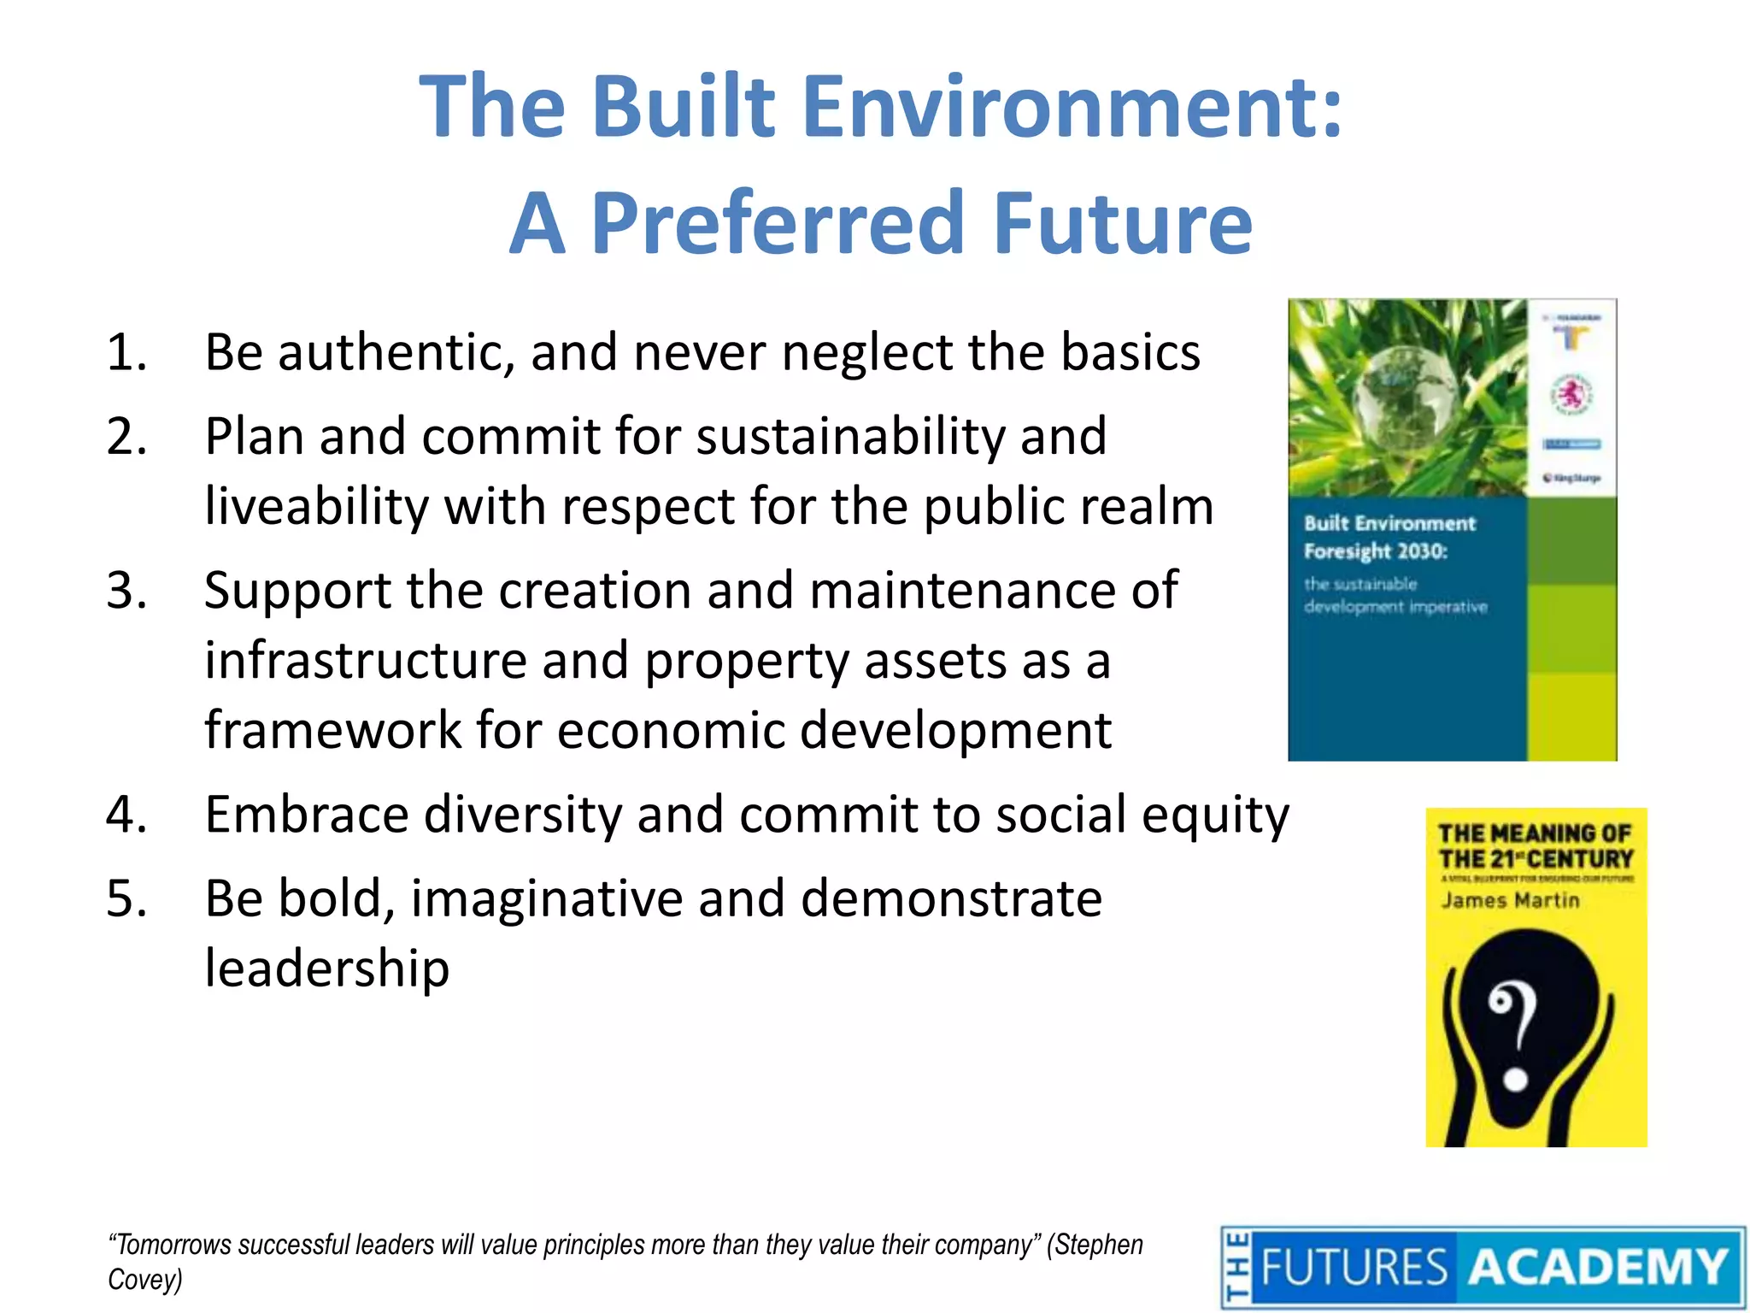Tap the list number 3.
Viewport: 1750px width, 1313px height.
pyautogui.click(x=126, y=591)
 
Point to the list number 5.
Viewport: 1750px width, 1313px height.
pyautogui.click(x=126, y=899)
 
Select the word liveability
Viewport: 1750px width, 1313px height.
pyautogui.click(x=316, y=507)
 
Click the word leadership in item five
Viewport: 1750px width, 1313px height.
pyautogui.click(x=326, y=969)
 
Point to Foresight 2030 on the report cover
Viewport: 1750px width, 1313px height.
pyautogui.click(x=1376, y=551)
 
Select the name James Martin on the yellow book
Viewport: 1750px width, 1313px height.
pyautogui.click(x=1510, y=900)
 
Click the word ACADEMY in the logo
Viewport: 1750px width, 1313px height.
pyautogui.click(x=1598, y=1267)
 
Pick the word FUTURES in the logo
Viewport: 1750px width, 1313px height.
pyautogui.click(x=1354, y=1267)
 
